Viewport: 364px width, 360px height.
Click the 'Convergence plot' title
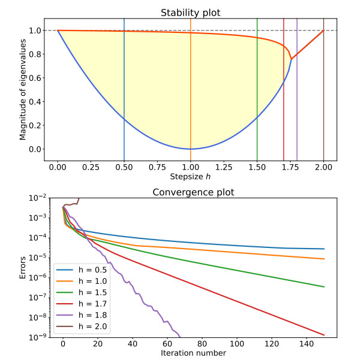[190, 192]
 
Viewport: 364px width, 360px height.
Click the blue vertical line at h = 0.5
[124, 90]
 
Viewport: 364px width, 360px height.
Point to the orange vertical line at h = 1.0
[191, 90]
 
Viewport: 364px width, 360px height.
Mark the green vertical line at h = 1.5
[257, 90]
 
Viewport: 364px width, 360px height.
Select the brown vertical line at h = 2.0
[323, 90]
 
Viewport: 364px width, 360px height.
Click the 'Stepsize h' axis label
[190, 177]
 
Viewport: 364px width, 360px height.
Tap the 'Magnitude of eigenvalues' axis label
[23, 89]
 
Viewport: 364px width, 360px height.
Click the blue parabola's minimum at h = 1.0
[191, 149]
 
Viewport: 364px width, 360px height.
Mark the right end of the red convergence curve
[324, 335]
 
